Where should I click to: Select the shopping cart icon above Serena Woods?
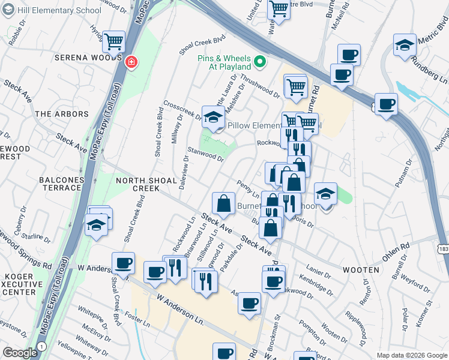click(113, 41)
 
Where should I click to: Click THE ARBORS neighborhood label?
click(61, 113)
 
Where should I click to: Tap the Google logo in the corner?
click(20, 353)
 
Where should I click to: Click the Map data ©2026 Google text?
click(411, 355)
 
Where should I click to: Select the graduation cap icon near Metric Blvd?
click(405, 45)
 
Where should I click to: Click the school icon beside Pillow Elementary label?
click(212, 117)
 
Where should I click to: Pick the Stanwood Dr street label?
click(205, 155)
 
